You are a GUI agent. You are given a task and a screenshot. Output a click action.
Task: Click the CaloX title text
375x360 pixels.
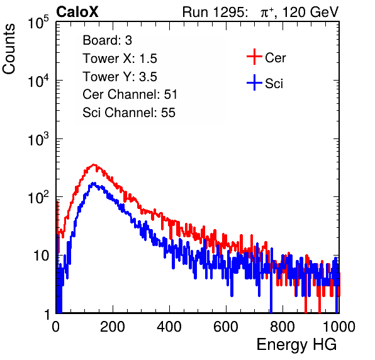pyautogui.click(x=77, y=12)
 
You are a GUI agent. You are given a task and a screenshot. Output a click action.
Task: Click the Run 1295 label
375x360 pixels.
pyautogui.click(x=215, y=12)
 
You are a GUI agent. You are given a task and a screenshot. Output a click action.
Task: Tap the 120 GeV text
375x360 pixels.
pyautogui.click(x=310, y=12)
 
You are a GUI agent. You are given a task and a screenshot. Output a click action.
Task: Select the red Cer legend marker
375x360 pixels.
pyautogui.click(x=254, y=57)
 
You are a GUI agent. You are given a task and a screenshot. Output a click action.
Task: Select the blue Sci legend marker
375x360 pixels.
pyautogui.click(x=254, y=82)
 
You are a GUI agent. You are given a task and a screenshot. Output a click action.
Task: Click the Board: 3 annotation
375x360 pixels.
pyautogui.click(x=107, y=40)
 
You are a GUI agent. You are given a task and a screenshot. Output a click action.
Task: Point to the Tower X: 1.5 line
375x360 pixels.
pyautogui.click(x=120, y=59)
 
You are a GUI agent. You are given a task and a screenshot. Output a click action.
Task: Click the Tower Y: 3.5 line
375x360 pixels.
pyautogui.click(x=120, y=77)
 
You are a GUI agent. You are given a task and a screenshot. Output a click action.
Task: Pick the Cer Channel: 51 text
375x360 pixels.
pyautogui.click(x=130, y=94)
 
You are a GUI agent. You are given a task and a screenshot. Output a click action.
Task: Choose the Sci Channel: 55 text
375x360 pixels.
pyautogui.click(x=129, y=112)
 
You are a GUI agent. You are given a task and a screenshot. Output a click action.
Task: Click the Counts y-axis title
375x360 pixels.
pyautogui.click(x=9, y=49)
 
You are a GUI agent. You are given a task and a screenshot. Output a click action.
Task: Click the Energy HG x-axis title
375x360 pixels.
pyautogui.click(x=296, y=345)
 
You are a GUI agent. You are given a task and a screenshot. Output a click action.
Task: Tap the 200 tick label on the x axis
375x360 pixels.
pyautogui.click(x=113, y=327)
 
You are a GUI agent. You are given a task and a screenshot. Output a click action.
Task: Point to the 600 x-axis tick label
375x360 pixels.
pyautogui.click(x=226, y=327)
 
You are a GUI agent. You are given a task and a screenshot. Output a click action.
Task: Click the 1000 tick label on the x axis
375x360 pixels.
pyautogui.click(x=339, y=327)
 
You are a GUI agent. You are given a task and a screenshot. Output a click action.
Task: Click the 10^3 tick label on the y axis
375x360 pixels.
pyautogui.click(x=38, y=140)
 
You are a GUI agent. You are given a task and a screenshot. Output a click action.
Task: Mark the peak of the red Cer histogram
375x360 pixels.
pyautogui.click(x=94, y=164)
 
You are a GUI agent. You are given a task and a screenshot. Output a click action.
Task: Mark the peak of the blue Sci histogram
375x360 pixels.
pyautogui.click(x=94, y=183)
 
